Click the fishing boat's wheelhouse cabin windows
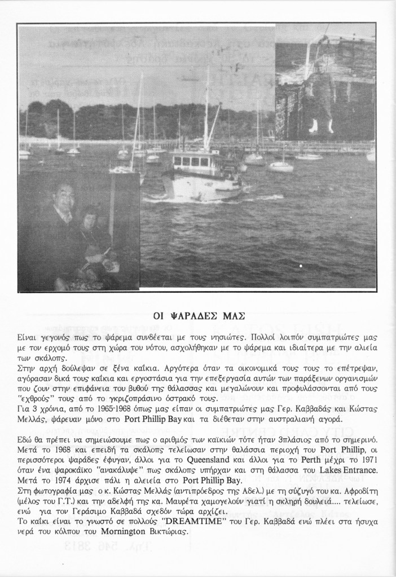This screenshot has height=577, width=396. pyautogui.click(x=191, y=161)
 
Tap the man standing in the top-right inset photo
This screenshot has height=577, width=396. pyautogui.click(x=320, y=90)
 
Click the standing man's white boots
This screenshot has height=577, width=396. pyautogui.click(x=321, y=126)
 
